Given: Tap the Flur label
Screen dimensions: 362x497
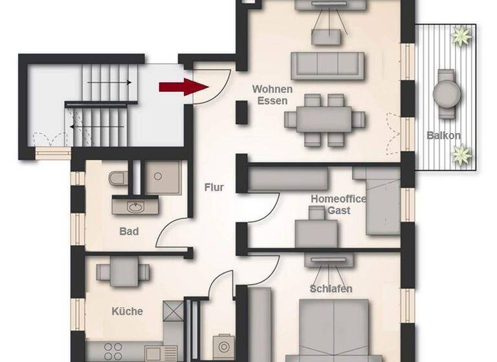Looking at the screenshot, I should click(x=214, y=187).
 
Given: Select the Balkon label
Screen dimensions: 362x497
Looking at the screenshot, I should click(x=444, y=136).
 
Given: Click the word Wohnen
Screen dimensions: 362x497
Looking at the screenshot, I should click(x=272, y=89).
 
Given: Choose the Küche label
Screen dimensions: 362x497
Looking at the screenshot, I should click(x=127, y=311).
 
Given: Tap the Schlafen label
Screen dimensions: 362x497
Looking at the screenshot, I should click(x=331, y=288).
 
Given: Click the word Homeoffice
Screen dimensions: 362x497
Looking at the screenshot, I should click(x=338, y=199).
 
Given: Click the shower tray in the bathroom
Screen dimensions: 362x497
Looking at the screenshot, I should click(x=164, y=176).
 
